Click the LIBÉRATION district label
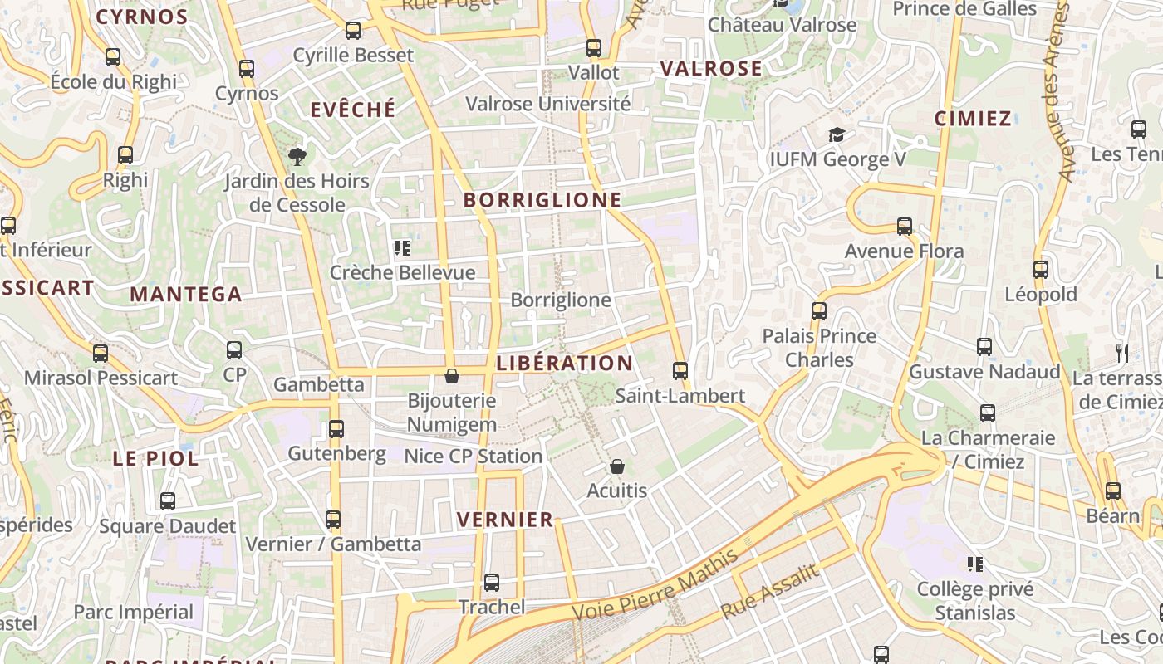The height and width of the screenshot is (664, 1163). click(x=565, y=363)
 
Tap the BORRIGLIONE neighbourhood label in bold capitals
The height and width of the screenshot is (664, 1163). click(x=542, y=200)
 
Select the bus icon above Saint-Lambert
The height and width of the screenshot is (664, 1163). click(x=680, y=371)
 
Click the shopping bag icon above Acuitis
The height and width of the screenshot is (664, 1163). click(x=616, y=466)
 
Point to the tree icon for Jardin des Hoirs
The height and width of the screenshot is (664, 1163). click(x=297, y=156)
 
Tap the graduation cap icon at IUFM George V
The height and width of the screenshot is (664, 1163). click(x=837, y=134)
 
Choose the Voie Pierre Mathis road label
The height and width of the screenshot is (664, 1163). click(x=655, y=585)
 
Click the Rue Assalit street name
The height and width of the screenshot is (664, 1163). click(x=770, y=589)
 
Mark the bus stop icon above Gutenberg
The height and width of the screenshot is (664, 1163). click(x=336, y=429)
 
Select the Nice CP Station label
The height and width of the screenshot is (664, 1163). click(x=473, y=456)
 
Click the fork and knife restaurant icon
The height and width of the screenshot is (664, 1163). click(x=1122, y=353)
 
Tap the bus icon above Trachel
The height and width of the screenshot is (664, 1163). click(x=492, y=583)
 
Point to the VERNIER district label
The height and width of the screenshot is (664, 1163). click(x=505, y=520)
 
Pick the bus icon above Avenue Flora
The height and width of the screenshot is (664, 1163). click(x=905, y=226)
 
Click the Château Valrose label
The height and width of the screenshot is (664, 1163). click(x=782, y=25)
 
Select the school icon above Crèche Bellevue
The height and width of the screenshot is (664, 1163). click(x=402, y=247)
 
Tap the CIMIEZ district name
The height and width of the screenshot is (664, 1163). click(x=973, y=118)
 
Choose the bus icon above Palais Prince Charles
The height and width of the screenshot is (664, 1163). click(x=819, y=311)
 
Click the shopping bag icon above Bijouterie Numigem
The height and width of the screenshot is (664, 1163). click(x=452, y=377)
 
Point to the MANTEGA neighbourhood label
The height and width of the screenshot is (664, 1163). click(x=186, y=294)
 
